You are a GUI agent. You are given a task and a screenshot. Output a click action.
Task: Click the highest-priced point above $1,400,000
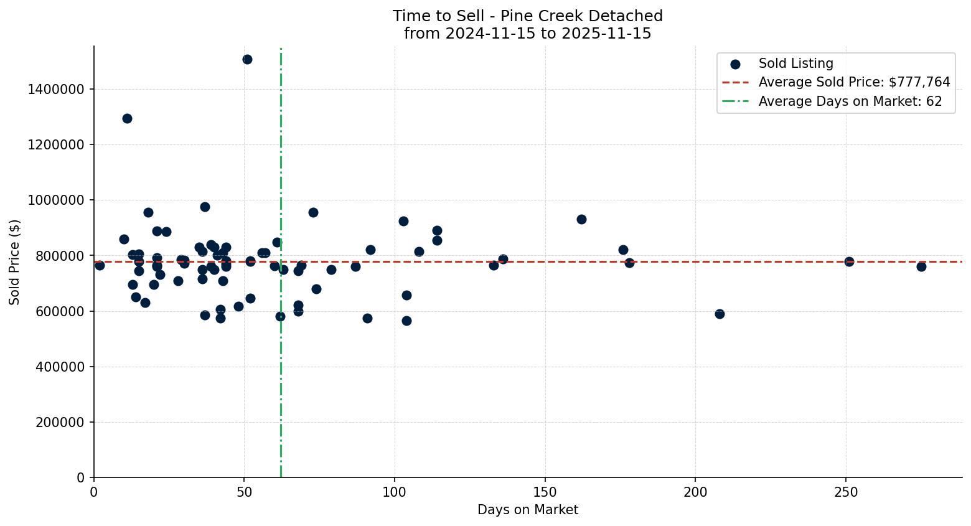point(247,60)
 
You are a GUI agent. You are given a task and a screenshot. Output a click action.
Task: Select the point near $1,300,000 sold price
point(127,119)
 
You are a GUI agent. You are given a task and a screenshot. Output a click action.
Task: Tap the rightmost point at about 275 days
point(921,267)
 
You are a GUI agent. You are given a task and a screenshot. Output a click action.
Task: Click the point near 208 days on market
point(720,314)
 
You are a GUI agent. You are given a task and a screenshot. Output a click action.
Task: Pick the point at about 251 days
point(849,262)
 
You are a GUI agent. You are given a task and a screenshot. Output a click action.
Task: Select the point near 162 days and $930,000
point(581,220)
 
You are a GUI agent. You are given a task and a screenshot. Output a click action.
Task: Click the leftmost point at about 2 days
point(100,266)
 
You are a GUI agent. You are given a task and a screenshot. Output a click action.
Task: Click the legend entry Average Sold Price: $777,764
point(854,83)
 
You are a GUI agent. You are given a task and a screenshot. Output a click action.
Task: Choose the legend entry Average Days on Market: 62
point(850,102)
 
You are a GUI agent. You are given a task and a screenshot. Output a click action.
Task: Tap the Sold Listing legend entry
point(795,64)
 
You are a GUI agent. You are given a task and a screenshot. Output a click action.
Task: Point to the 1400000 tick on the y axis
point(56,90)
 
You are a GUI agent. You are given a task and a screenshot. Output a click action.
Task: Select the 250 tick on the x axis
point(845,492)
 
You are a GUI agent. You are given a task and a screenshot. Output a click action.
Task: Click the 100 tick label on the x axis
point(395,492)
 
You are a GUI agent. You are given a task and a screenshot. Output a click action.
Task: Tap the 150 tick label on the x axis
point(545,492)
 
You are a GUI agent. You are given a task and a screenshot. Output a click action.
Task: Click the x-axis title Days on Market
point(527,510)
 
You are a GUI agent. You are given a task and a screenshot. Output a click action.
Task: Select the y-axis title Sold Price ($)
point(14,262)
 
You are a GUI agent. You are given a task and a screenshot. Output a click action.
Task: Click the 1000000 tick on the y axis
point(56,200)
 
